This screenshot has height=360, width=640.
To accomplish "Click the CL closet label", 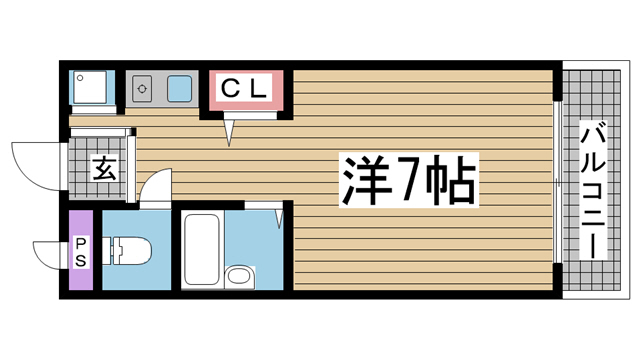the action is coord(245,89).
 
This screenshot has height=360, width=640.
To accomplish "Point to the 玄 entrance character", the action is coord(103,167).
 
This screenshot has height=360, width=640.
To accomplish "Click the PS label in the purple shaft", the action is coord(80,251).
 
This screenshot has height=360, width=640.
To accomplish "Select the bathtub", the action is coord(200,248).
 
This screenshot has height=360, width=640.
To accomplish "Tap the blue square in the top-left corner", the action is coord(87,88).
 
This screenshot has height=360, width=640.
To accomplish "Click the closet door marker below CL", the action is coord(230,129).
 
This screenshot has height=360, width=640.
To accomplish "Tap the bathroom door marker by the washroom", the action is coord(280,213).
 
